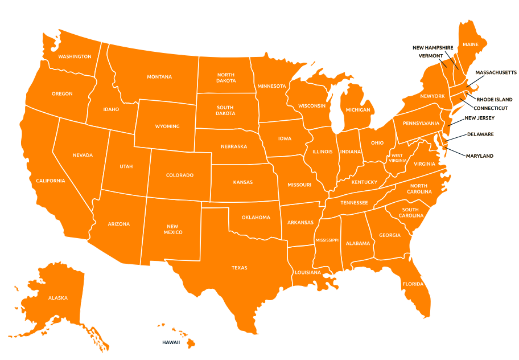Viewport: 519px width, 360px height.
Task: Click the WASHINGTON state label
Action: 75,57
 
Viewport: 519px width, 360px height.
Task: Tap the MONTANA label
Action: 159,77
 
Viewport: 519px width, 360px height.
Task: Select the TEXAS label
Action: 239,267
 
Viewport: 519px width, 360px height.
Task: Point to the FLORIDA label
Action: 413,284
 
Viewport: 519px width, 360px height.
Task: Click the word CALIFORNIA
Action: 51,181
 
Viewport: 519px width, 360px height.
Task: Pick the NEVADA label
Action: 83,155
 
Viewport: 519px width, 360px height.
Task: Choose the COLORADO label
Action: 179,175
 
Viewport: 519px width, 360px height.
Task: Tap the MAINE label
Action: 471,44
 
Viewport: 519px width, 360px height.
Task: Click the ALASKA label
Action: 57,298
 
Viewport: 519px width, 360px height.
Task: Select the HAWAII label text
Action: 171,342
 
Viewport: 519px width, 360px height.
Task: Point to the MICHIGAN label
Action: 357,110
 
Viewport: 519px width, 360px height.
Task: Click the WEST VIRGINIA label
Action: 397,158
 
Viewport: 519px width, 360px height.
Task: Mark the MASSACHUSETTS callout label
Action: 496,73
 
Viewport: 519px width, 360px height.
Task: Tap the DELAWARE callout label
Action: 480,134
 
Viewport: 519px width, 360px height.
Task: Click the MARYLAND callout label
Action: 479,156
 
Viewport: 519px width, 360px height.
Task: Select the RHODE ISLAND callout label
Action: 494,99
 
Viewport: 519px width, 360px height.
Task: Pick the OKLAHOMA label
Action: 256,217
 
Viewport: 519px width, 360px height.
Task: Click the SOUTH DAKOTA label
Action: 225,110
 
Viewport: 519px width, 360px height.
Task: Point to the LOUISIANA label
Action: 308,272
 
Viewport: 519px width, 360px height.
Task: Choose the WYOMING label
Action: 167,126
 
